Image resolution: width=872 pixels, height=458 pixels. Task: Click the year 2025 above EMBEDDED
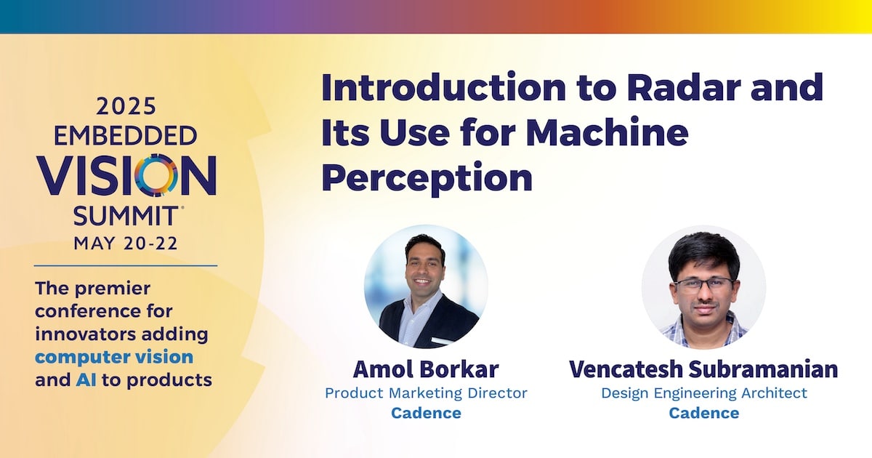click(x=126, y=107)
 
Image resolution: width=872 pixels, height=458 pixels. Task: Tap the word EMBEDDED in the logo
click(x=125, y=136)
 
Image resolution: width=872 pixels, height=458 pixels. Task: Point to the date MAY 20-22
click(x=126, y=244)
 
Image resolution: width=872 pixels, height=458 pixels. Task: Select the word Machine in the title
click(x=607, y=132)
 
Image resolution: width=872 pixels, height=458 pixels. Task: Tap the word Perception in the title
click(x=427, y=177)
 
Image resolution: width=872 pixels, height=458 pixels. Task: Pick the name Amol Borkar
click(x=426, y=369)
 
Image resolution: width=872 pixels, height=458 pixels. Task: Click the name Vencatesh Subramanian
click(x=703, y=369)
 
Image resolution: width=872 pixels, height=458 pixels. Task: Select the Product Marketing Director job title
click(x=426, y=393)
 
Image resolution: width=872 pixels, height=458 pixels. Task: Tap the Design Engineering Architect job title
click(x=704, y=393)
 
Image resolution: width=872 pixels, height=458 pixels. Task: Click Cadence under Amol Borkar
click(x=426, y=413)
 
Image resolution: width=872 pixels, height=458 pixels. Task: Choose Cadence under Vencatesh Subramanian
click(x=704, y=413)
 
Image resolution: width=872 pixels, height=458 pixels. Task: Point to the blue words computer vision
click(x=114, y=358)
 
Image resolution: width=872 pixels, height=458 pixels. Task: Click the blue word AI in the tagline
click(x=86, y=379)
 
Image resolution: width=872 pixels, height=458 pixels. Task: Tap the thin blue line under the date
click(x=125, y=265)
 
